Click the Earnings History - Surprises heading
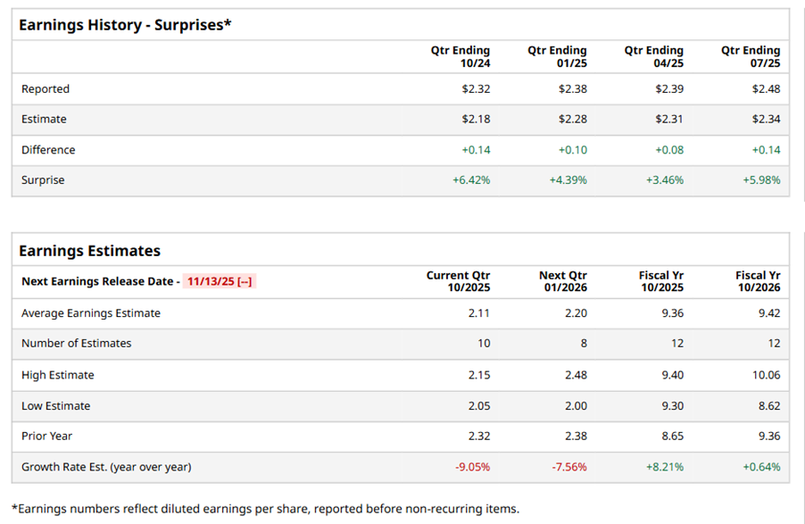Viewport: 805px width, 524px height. (125, 25)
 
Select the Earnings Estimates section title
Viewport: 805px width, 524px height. (90, 251)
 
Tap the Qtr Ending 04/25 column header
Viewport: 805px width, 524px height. (653, 57)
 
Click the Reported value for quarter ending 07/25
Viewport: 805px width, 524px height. (766, 89)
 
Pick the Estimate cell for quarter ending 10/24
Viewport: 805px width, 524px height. (476, 120)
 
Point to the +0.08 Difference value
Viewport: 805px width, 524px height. (669, 150)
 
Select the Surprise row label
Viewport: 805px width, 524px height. (43, 180)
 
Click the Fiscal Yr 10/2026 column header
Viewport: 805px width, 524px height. (758, 282)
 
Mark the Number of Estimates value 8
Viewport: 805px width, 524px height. (583, 344)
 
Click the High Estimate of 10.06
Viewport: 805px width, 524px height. (766, 375)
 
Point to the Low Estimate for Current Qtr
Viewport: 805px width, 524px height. (479, 406)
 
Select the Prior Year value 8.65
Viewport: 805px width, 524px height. (672, 437)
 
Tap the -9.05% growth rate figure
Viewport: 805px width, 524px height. (472, 467)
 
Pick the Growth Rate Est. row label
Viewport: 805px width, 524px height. (106, 467)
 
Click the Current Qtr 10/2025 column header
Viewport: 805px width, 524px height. (458, 282)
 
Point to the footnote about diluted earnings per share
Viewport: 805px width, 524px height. (265, 509)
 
